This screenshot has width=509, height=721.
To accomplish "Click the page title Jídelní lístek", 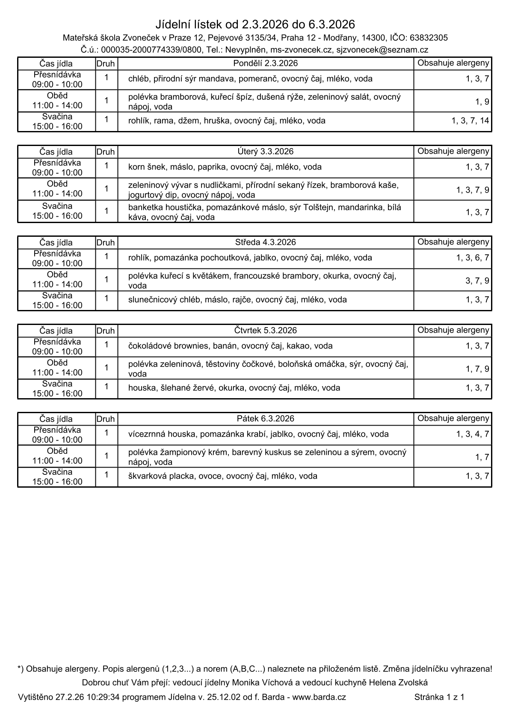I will [x=197, y=24].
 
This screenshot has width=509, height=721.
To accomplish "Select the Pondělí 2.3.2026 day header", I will [x=266, y=63].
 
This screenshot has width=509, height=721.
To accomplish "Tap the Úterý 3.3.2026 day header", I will [x=266, y=152].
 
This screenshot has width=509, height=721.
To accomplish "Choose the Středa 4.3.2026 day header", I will [x=266, y=242].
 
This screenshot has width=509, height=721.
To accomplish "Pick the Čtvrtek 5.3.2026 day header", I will [x=266, y=331].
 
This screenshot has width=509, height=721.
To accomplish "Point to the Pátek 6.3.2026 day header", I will [x=266, y=419].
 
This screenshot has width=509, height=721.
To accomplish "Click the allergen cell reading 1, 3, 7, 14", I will [x=470, y=121].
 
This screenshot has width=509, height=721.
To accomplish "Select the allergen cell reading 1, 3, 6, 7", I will [x=472, y=258].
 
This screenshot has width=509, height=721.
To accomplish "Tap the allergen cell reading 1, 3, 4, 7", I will [x=472, y=434].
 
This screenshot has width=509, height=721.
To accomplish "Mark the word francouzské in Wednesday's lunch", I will [x=260, y=276].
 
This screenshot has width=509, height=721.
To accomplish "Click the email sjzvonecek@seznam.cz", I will [x=382, y=50].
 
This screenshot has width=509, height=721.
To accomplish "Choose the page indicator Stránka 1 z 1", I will [x=439, y=697].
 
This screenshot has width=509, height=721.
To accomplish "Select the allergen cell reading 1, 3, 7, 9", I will [x=472, y=190].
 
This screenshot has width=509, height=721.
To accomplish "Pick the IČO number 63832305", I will [x=429, y=38].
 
